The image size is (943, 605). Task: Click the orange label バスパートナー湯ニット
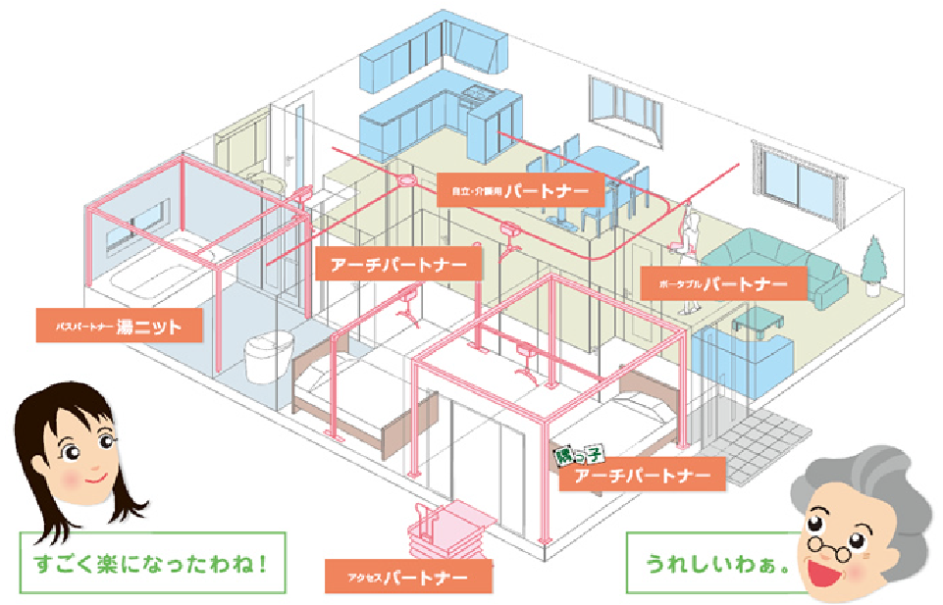[x=121, y=326]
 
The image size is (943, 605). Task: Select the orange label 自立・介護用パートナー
[x=513, y=190]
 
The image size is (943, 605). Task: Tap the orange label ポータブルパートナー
[x=722, y=285]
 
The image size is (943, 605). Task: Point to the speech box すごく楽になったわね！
[x=152, y=564]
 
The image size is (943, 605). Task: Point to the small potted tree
[x=870, y=260]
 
